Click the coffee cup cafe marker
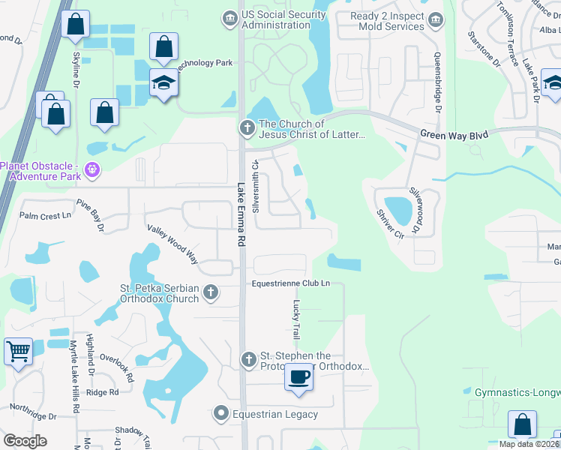pyautogui.click(x=299, y=376)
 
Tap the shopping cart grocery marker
pyautogui.click(x=18, y=351)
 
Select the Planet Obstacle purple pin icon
pyautogui.click(x=93, y=169)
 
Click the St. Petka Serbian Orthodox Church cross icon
pyautogui.click(x=211, y=292)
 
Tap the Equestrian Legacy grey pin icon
pyautogui.click(x=221, y=413)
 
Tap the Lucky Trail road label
pyautogui.click(x=296, y=319)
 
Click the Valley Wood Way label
pyautogui.click(x=172, y=244)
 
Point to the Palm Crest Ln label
pyautogui.click(x=44, y=216)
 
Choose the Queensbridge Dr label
pyautogui.click(x=437, y=82)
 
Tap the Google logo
pyautogui.click(x=25, y=441)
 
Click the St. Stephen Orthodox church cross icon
pyautogui.click(x=249, y=361)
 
